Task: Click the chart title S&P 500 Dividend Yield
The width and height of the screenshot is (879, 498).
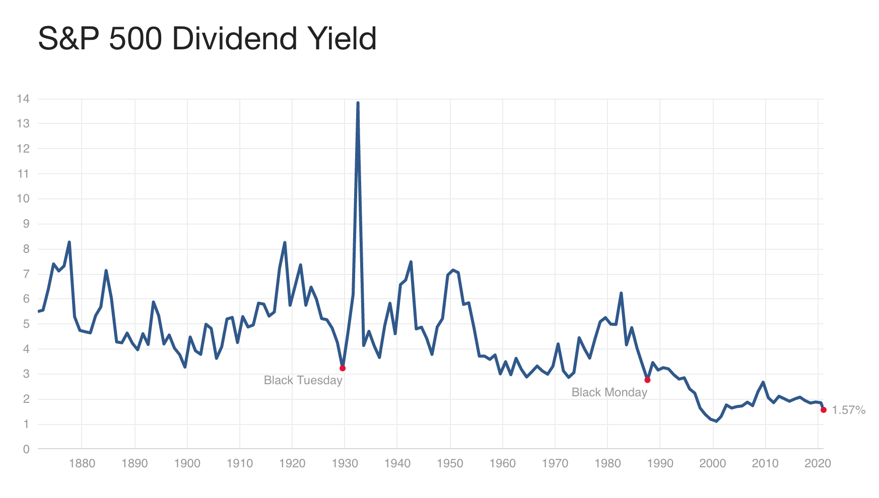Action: point(207,39)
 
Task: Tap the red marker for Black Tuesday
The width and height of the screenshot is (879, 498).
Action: point(343,368)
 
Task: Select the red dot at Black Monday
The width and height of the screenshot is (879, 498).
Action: point(647,380)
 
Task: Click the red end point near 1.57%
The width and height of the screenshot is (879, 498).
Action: point(823,410)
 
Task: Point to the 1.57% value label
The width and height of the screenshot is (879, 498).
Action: point(848,410)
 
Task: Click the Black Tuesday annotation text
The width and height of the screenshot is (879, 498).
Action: point(303,380)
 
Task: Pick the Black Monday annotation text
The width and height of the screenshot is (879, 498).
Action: point(609,392)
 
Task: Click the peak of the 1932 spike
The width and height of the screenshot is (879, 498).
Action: point(358,103)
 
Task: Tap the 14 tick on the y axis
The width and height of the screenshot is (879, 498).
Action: point(23,99)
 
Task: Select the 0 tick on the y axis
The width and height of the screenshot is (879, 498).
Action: point(26,449)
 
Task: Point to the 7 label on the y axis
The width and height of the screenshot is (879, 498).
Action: point(26,274)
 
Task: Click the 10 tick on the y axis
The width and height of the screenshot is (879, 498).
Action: point(23,198)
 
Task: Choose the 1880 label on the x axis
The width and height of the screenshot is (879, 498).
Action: point(82,463)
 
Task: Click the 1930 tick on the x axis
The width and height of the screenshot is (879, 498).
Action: point(345,463)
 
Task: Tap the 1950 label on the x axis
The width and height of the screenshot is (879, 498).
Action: point(450,463)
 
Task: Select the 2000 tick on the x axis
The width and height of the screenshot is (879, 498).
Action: point(712,463)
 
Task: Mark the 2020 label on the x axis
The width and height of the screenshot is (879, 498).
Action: point(817,463)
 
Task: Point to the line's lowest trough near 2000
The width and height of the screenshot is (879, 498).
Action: point(716,421)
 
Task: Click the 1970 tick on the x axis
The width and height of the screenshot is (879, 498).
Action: point(555,463)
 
